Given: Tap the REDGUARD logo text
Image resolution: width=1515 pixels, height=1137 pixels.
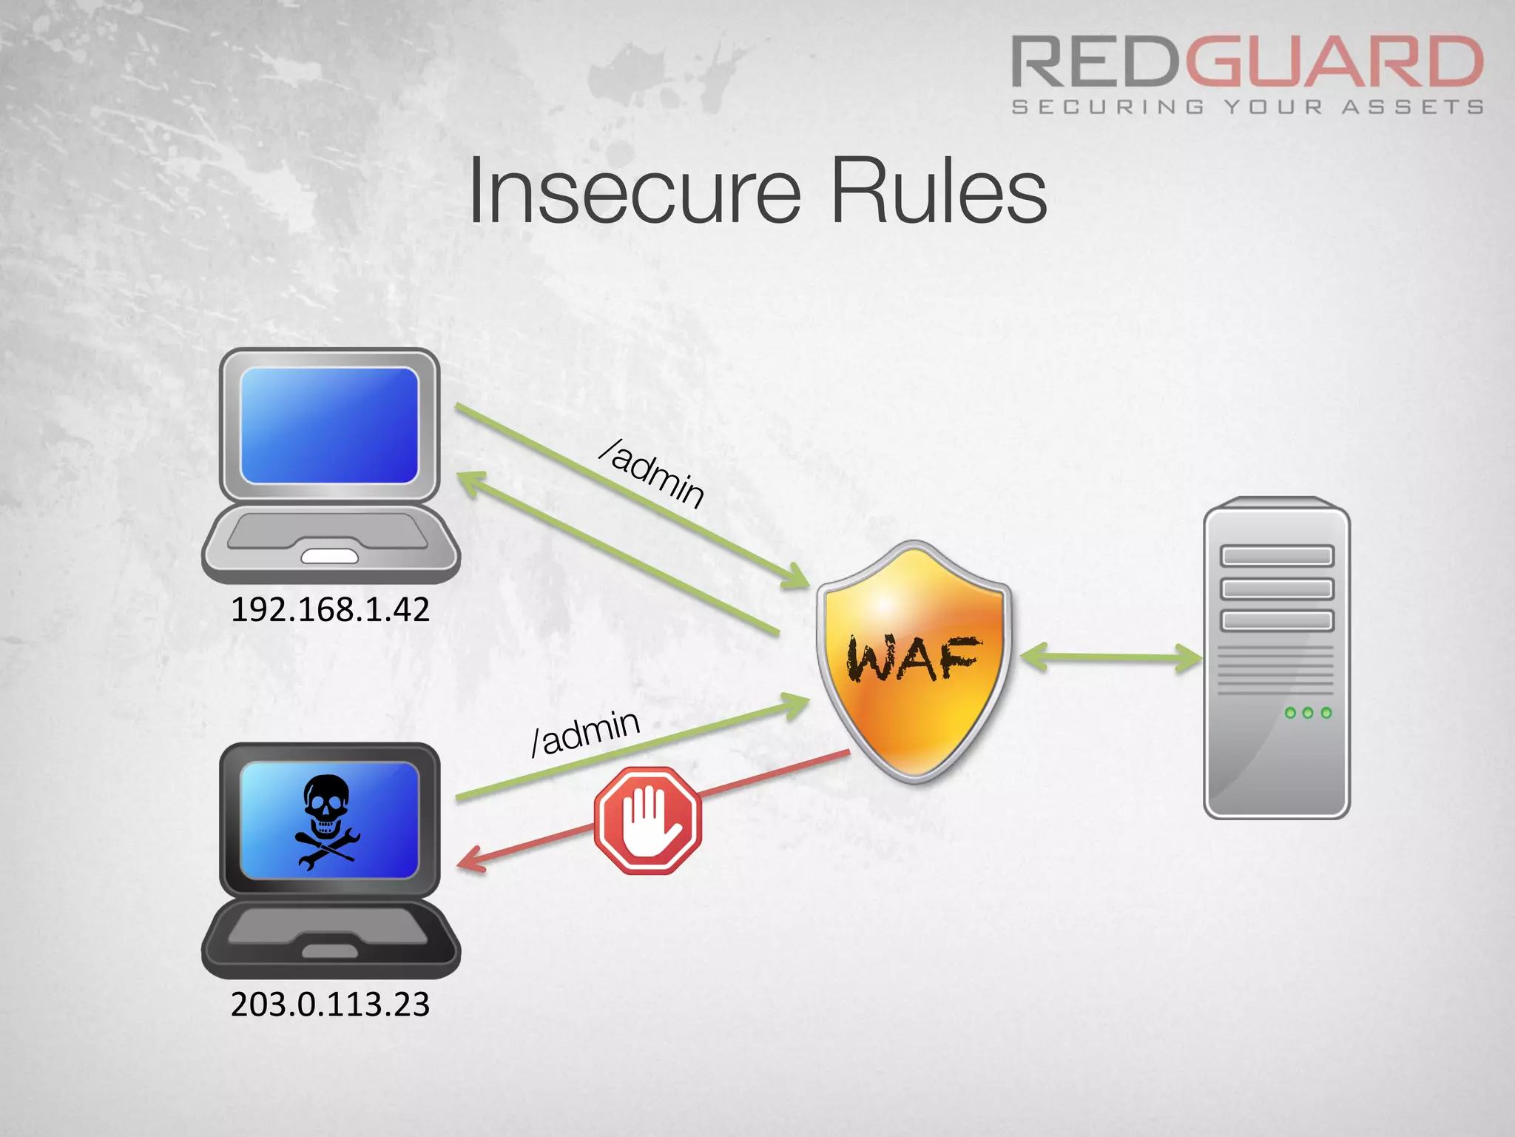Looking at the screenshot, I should click(x=1247, y=62).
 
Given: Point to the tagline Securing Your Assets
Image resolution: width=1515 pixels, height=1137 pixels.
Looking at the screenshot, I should click(x=1247, y=108).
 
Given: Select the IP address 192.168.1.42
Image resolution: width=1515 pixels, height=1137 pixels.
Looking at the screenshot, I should click(x=330, y=610).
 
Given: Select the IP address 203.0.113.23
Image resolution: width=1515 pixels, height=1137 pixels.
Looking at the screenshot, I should click(x=330, y=1004).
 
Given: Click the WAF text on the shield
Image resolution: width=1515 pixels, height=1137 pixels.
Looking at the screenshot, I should click(x=914, y=658).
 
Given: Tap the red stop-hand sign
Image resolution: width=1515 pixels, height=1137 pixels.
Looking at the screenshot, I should click(x=648, y=820).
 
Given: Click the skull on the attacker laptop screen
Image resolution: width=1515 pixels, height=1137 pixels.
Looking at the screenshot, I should click(x=326, y=807).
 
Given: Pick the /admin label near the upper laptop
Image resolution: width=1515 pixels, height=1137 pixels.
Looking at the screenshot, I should click(x=652, y=474).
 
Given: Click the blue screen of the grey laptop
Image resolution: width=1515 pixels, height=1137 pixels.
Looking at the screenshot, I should click(x=330, y=425).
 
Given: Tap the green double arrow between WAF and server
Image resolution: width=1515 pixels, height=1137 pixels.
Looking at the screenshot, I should click(x=1110, y=657).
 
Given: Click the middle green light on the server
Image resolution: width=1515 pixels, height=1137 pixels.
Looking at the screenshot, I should click(x=1308, y=713).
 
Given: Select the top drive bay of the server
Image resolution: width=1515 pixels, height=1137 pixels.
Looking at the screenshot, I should click(x=1277, y=556).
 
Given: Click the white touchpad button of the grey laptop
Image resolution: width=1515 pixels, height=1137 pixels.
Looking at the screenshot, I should click(x=330, y=556).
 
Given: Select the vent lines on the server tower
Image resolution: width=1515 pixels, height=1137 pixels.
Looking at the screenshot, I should click(x=1275, y=671).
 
